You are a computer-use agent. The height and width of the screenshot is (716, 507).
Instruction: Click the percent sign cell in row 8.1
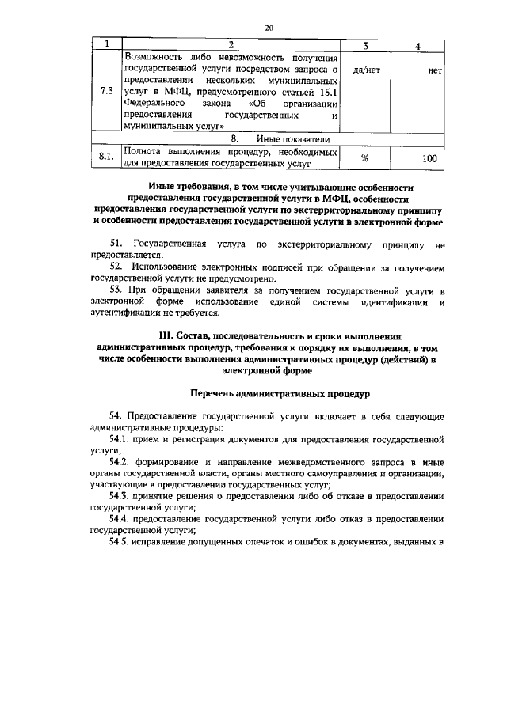tap(365, 158)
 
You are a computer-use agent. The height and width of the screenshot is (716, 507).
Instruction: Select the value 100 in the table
tap(429, 158)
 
